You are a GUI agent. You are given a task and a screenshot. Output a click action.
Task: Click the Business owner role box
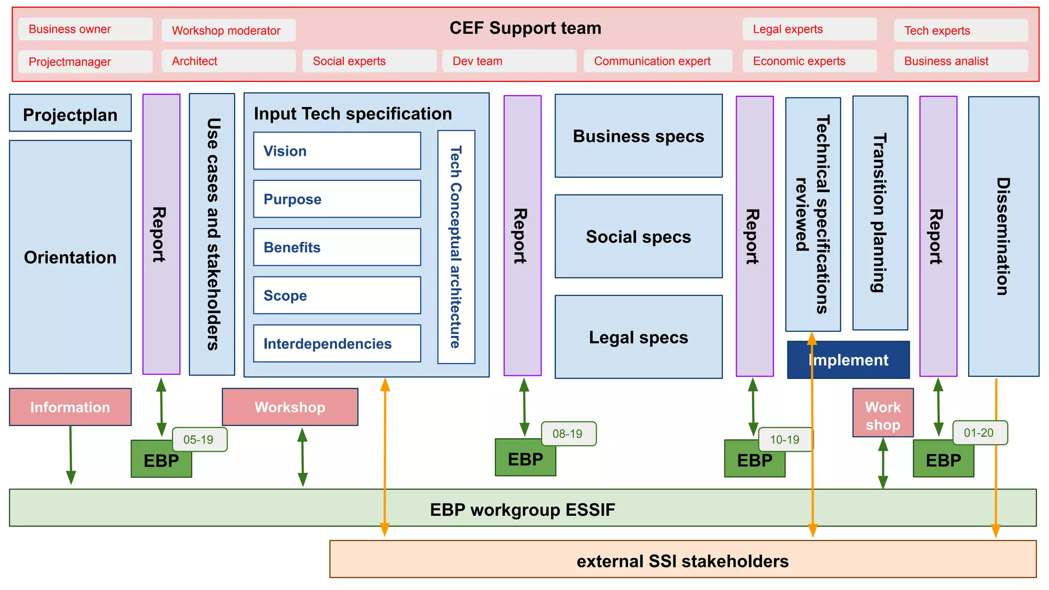(85, 29)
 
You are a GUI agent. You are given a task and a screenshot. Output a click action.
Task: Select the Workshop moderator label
(228, 31)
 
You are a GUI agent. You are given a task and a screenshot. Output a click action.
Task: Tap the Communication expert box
(657, 61)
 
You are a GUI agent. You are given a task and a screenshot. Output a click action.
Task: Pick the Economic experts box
(809, 61)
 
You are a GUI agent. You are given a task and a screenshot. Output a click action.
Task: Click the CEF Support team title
(525, 28)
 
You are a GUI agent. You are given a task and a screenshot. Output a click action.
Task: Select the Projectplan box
(70, 113)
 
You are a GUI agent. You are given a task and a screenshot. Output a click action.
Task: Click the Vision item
(337, 151)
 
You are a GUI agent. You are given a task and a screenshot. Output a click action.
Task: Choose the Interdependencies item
(337, 344)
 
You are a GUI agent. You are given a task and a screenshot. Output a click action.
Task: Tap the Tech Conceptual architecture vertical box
(456, 247)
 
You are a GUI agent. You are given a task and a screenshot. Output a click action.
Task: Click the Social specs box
(638, 237)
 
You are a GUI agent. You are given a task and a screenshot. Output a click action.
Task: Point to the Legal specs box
(638, 337)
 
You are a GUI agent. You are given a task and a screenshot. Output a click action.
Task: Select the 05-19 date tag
(199, 439)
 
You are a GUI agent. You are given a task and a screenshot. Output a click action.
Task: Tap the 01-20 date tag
(979, 433)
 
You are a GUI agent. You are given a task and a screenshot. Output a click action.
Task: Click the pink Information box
(70, 407)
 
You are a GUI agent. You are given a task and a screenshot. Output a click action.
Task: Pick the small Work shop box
(883, 413)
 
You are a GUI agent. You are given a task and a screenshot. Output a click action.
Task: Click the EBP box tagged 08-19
(525, 459)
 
